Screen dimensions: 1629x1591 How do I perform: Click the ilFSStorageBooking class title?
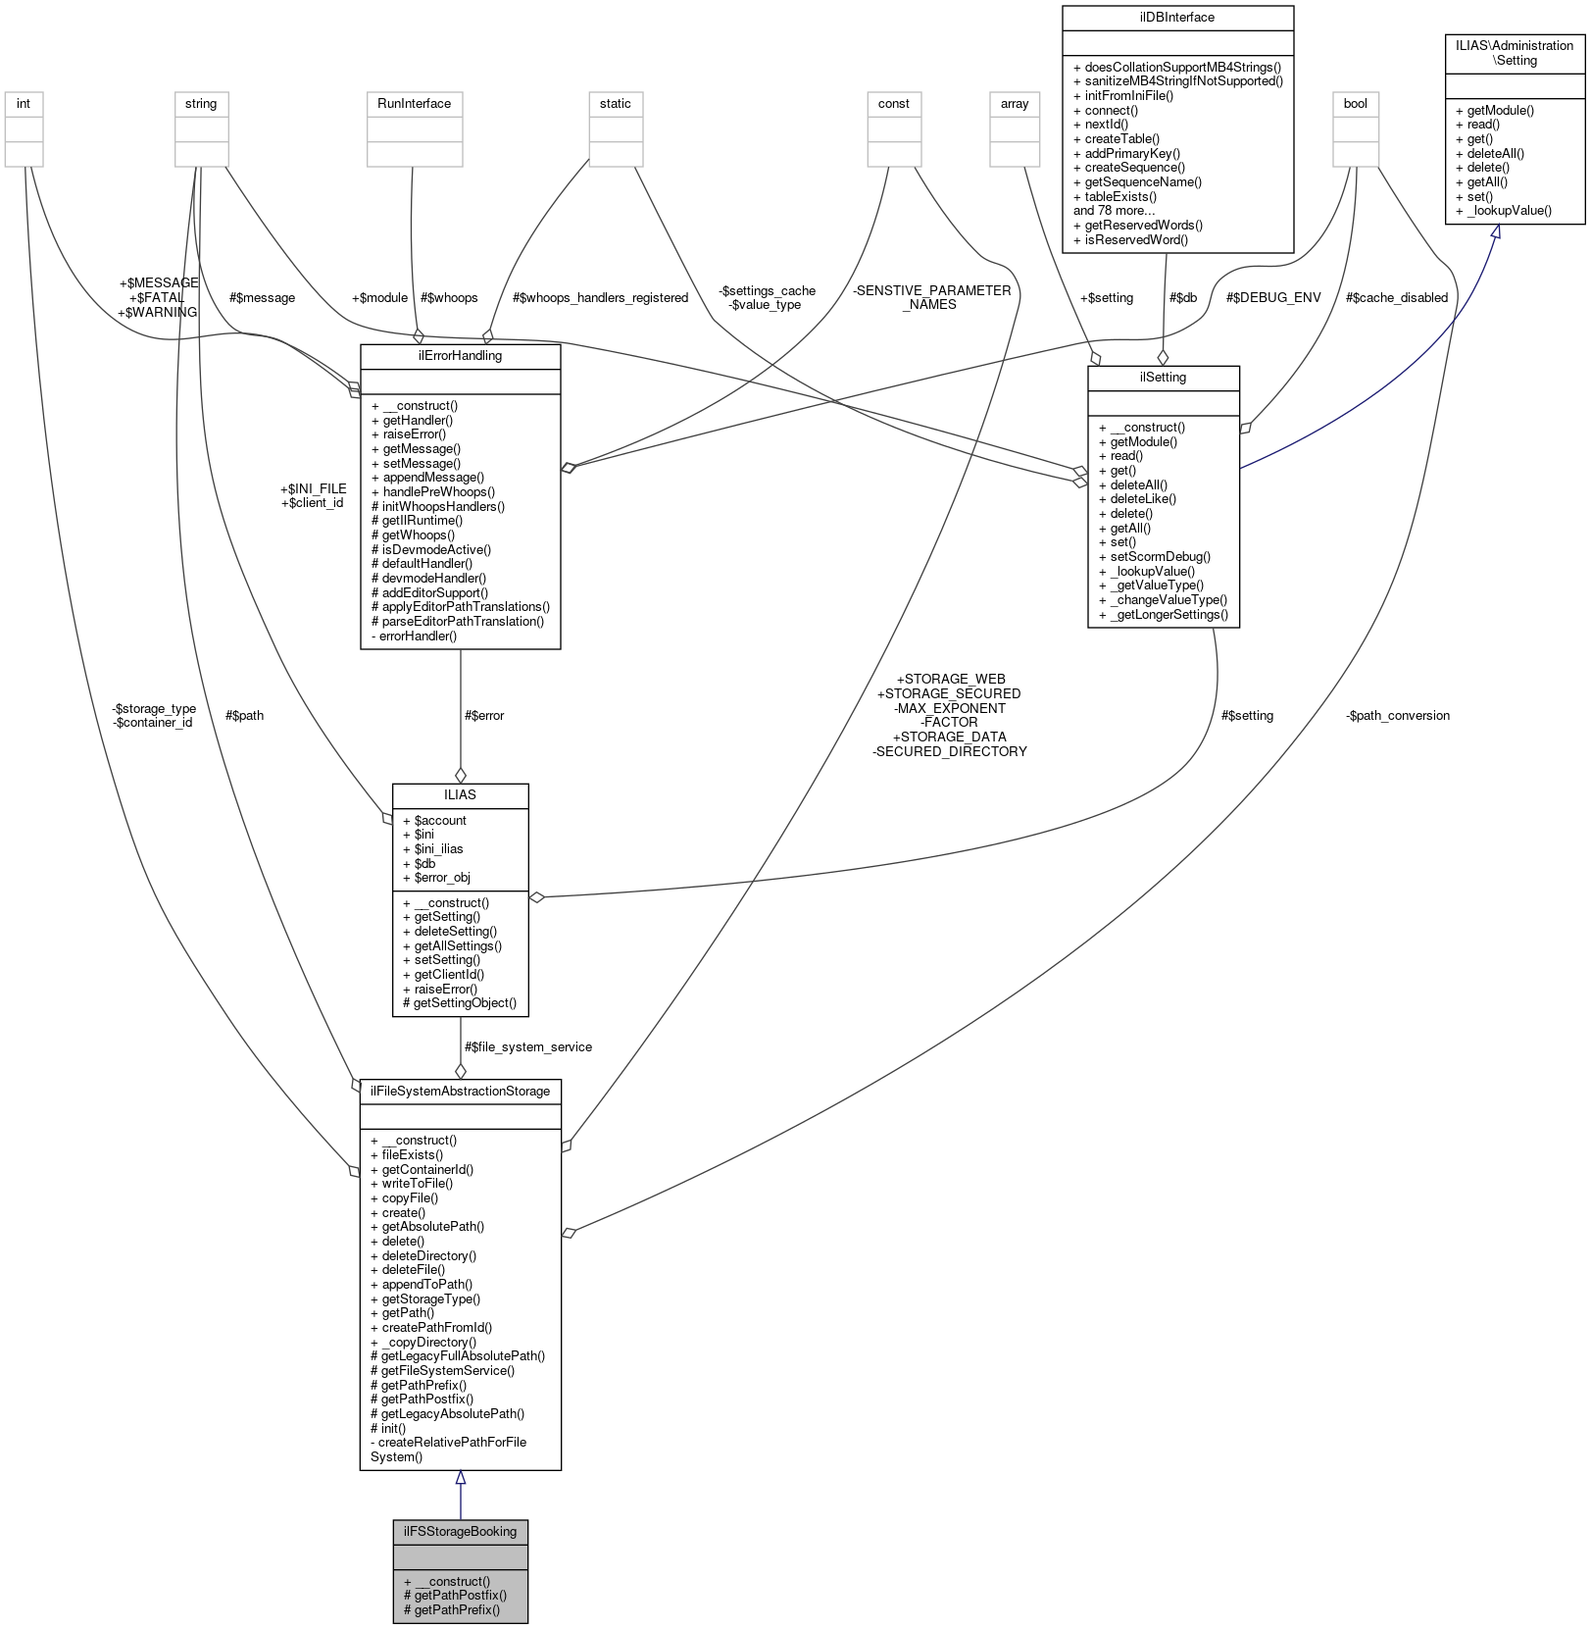460,1531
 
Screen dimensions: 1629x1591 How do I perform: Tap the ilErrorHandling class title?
460,355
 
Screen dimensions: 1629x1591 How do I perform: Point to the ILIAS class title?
460,794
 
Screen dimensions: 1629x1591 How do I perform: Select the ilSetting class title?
1164,377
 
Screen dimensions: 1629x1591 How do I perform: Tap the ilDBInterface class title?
1177,17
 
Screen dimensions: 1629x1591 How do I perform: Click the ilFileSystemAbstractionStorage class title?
460,1091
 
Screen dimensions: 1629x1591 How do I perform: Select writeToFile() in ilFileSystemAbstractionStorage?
412,1184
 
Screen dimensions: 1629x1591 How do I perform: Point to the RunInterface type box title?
414,103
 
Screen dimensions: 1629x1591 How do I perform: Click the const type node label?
894,103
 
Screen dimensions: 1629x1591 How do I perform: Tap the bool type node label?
1356,103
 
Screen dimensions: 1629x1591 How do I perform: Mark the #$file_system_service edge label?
528,1047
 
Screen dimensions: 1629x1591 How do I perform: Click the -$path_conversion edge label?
1398,716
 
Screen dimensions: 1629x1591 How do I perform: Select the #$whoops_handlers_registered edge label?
600,298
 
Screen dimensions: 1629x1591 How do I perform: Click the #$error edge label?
484,716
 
